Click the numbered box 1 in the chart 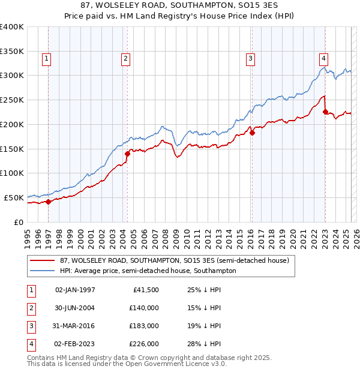click(46, 59)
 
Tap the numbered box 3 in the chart click(250, 59)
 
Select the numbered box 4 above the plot click(323, 59)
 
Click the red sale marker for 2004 click(127, 154)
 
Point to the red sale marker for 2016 click(252, 133)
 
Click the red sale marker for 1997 click(49, 202)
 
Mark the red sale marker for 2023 click(325, 112)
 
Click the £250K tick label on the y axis click(12, 100)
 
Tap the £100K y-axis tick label click(12, 173)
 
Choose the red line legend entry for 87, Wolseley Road click(175, 261)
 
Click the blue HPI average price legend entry click(148, 271)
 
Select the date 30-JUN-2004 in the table click(75, 308)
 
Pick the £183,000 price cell click(144, 326)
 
